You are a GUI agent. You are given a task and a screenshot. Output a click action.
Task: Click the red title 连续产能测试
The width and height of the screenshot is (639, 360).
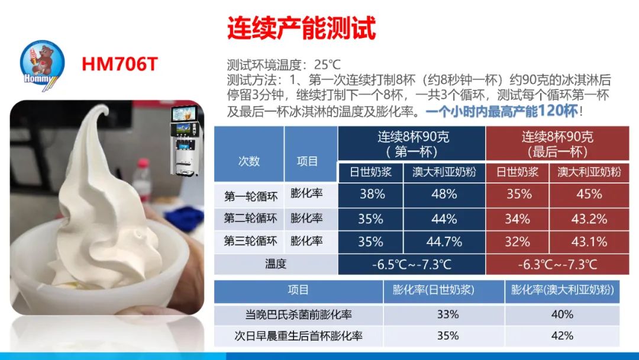302,28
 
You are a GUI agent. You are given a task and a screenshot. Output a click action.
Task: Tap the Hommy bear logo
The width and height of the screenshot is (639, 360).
42,65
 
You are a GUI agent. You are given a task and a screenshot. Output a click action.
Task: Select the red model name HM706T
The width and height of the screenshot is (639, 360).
120,64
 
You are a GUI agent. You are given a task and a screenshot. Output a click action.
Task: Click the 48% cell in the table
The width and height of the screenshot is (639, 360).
444,194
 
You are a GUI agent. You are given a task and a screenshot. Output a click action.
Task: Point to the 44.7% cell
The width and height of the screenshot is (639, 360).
444,242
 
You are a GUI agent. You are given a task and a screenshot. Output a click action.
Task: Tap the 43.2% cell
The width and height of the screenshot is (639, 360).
589,219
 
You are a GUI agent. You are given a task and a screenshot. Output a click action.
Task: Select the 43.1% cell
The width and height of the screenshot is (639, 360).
589,242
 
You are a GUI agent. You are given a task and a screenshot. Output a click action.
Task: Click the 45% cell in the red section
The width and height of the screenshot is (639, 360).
589,194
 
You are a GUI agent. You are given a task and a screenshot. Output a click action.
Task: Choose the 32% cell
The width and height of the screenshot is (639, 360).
517,242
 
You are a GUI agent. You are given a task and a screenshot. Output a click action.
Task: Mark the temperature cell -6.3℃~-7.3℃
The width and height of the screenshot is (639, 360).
557,265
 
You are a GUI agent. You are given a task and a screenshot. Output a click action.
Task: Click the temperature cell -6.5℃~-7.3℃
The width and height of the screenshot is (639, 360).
412,265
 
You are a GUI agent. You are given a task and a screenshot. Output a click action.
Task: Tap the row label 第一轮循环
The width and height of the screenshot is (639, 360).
251,197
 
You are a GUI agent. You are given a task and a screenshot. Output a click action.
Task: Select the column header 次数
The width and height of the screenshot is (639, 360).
249,161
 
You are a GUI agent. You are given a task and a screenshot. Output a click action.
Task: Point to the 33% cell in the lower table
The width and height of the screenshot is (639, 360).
448,314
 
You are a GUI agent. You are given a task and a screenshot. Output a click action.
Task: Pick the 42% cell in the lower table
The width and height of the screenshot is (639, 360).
562,336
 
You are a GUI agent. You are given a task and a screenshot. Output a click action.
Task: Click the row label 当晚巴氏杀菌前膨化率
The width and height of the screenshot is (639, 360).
298,314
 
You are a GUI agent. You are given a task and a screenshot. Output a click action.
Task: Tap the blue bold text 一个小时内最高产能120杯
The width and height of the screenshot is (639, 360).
502,111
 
